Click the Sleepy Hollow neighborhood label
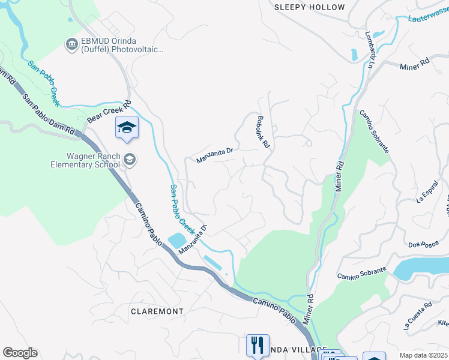click(x=310, y=7)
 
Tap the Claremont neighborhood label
click(x=157, y=311)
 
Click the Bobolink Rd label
click(x=264, y=132)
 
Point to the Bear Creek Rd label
click(x=109, y=112)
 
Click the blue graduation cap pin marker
click(x=127, y=128)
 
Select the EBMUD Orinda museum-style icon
click(x=71, y=43)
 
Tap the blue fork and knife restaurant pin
click(x=258, y=346)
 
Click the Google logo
click(x=20, y=353)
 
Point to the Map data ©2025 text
click(x=424, y=355)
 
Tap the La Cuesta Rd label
click(x=417, y=316)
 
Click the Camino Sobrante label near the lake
click(x=360, y=275)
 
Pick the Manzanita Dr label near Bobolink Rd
click(x=214, y=157)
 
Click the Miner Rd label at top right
click(x=415, y=62)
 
